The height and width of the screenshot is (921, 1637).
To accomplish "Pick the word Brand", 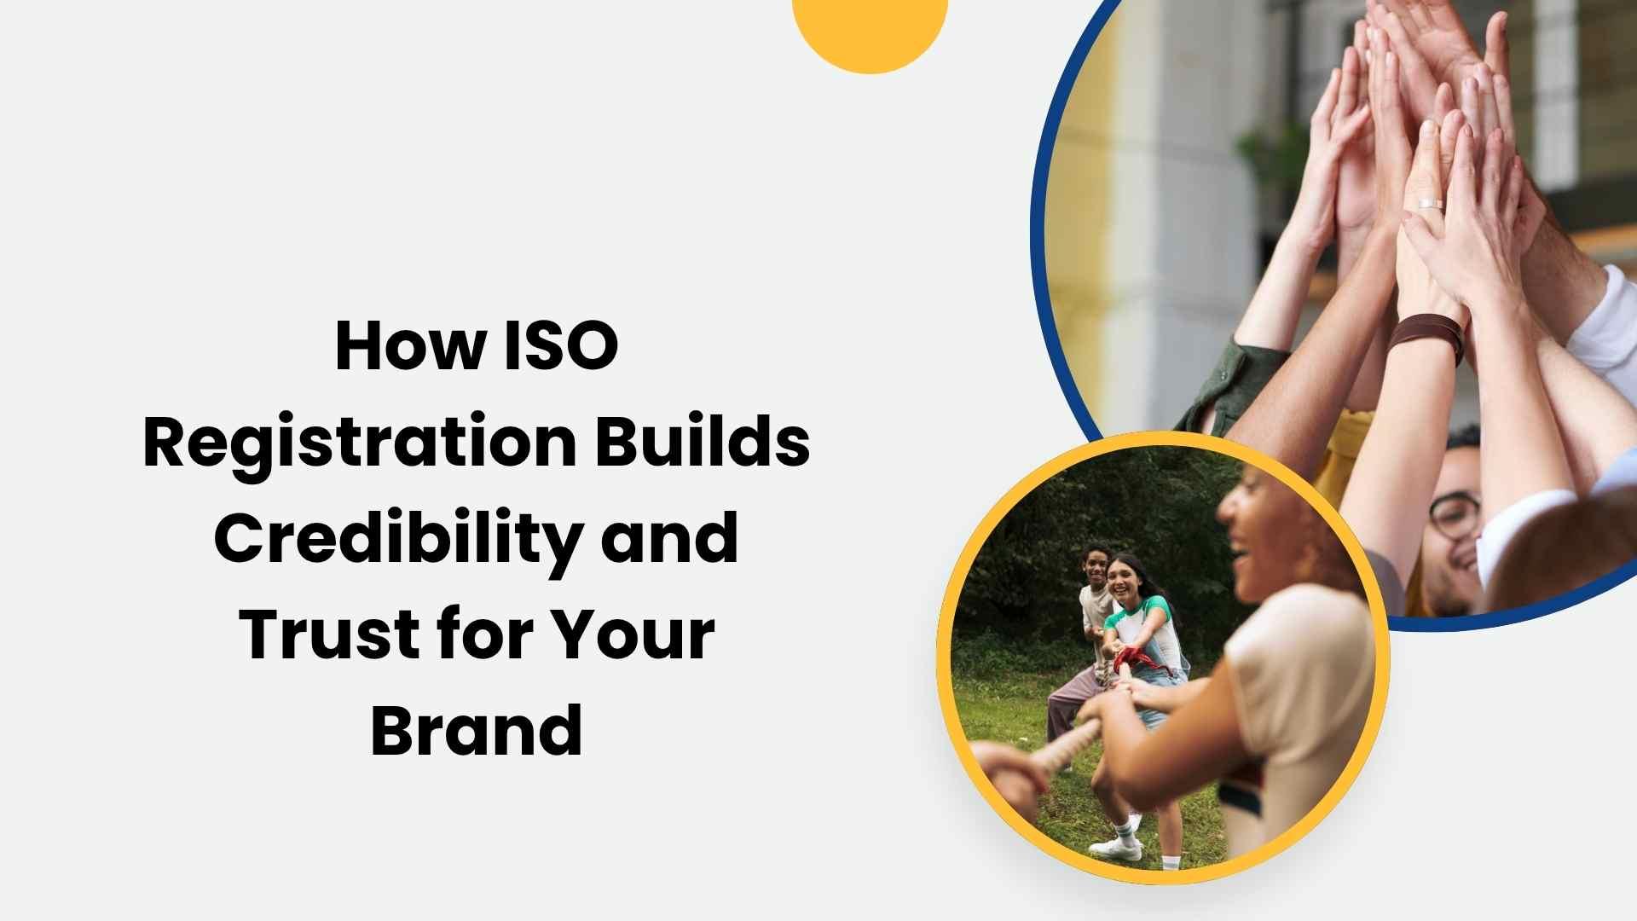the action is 477,731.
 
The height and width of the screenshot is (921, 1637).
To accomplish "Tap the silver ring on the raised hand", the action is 1430,204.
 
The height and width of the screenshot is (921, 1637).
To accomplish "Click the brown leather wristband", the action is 1426,335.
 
